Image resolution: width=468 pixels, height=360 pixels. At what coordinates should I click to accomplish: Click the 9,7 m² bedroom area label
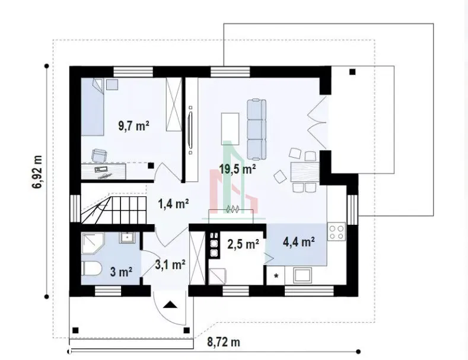(133, 126)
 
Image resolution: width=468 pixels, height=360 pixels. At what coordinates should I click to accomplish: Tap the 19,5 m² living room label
(237, 169)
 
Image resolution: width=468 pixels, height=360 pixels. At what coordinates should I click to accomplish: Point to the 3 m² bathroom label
(121, 272)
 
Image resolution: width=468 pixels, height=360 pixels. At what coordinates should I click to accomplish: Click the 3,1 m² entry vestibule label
(170, 264)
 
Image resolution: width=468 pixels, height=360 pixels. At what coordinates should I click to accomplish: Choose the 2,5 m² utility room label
(243, 244)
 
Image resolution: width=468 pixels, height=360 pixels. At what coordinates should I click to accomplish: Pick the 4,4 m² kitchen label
(299, 241)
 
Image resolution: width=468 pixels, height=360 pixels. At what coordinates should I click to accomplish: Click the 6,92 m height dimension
(37, 172)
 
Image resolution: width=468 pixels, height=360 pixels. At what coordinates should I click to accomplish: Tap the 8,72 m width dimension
(224, 342)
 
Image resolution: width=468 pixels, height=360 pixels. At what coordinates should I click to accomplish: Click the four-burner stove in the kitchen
(337, 232)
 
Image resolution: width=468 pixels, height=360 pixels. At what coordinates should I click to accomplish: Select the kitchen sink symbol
(303, 275)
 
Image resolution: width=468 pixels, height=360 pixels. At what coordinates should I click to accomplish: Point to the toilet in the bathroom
(91, 269)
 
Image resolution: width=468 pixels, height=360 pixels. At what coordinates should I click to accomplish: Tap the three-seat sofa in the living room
(257, 129)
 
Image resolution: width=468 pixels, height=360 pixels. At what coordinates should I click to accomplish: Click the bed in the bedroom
(93, 107)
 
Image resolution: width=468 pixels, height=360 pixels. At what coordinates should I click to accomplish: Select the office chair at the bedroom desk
(100, 155)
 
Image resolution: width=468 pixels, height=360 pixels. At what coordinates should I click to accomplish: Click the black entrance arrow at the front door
(170, 304)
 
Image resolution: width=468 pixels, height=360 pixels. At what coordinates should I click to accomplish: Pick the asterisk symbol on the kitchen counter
(276, 276)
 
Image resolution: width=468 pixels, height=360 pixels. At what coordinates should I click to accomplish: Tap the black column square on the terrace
(352, 72)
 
